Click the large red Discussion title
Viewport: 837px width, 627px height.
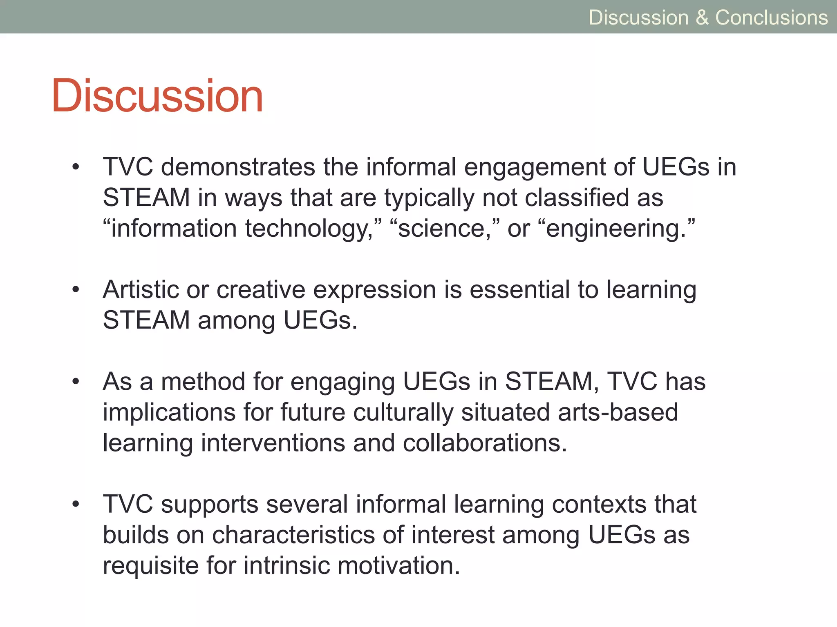[x=157, y=96]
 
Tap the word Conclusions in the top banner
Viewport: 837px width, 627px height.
[x=771, y=18]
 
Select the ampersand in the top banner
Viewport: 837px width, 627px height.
[x=702, y=18]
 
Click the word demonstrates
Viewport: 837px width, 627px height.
[x=238, y=167]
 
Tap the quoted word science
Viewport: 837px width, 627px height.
[x=444, y=228]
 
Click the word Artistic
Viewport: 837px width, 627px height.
[x=141, y=290]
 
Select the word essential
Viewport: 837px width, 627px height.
[x=520, y=290]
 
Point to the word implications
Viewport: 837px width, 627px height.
[x=169, y=413]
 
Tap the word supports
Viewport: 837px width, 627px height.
[x=210, y=505]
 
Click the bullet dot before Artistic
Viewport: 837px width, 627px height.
[x=76, y=290]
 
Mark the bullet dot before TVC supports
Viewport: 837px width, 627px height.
[x=76, y=505]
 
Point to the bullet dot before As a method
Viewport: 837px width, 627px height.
[x=76, y=382]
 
